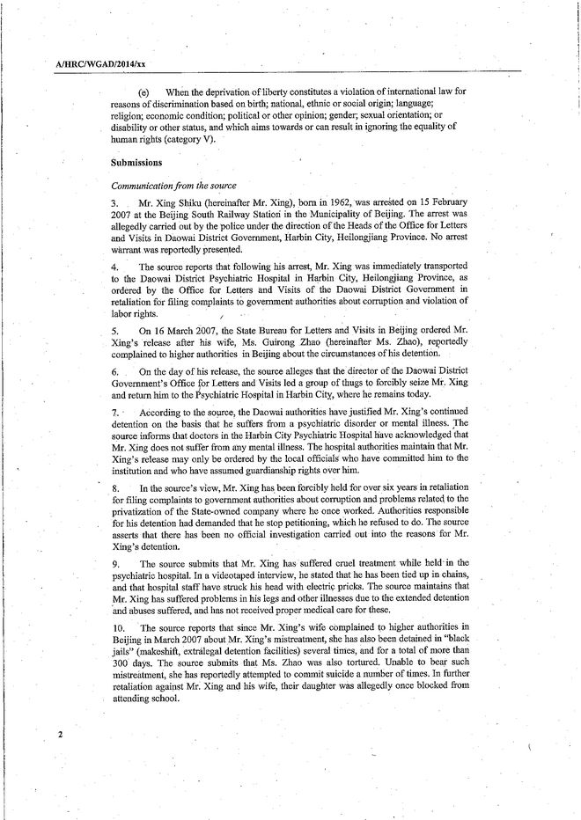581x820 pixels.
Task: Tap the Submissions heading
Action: pos(136,163)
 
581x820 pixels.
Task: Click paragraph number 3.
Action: pos(115,202)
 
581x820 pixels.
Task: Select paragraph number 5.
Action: pos(115,327)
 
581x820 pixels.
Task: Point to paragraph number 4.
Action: pos(115,266)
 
